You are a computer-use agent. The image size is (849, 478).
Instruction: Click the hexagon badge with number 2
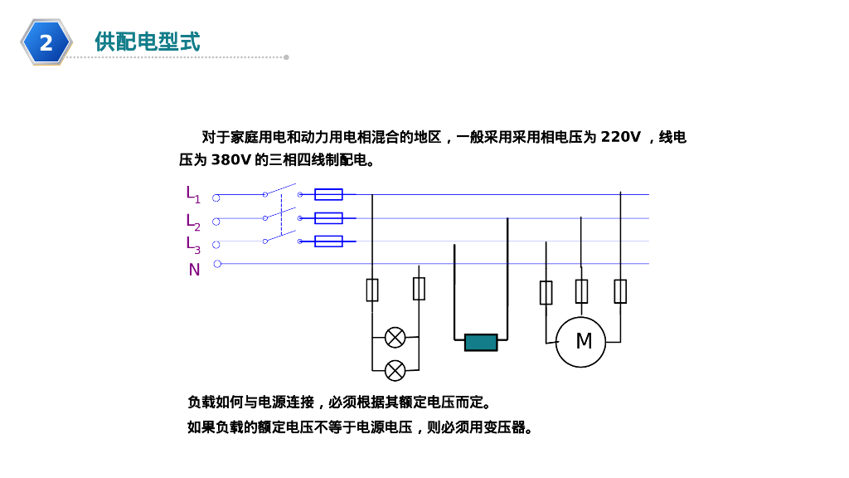click(x=46, y=41)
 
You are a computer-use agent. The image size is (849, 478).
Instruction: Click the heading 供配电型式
click(x=148, y=41)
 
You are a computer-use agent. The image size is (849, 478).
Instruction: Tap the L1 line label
click(x=192, y=194)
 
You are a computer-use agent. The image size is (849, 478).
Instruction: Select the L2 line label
click(x=192, y=222)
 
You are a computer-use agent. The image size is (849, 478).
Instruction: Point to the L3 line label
click(x=192, y=244)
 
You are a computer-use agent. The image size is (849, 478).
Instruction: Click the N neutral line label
click(x=194, y=270)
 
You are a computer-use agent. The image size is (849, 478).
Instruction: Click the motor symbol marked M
click(x=581, y=341)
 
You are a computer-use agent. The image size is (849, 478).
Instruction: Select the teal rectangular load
click(x=481, y=342)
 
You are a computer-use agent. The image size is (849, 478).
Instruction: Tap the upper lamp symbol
click(x=395, y=338)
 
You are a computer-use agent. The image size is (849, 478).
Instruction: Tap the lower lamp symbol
click(x=395, y=369)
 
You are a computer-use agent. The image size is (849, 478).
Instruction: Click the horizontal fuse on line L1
click(x=328, y=195)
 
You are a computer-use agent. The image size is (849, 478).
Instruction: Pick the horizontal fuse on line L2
click(x=328, y=218)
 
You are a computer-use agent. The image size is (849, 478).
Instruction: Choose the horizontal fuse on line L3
click(x=328, y=241)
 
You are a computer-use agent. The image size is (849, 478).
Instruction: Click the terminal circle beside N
click(x=217, y=264)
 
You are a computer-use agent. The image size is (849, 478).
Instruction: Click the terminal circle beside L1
click(x=216, y=198)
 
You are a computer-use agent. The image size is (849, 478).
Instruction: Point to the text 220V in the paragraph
click(x=620, y=137)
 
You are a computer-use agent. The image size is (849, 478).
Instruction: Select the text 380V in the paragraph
click(x=230, y=160)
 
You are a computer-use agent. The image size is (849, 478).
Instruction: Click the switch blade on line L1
click(x=280, y=189)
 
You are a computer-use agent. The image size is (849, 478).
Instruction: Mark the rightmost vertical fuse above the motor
click(x=620, y=291)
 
